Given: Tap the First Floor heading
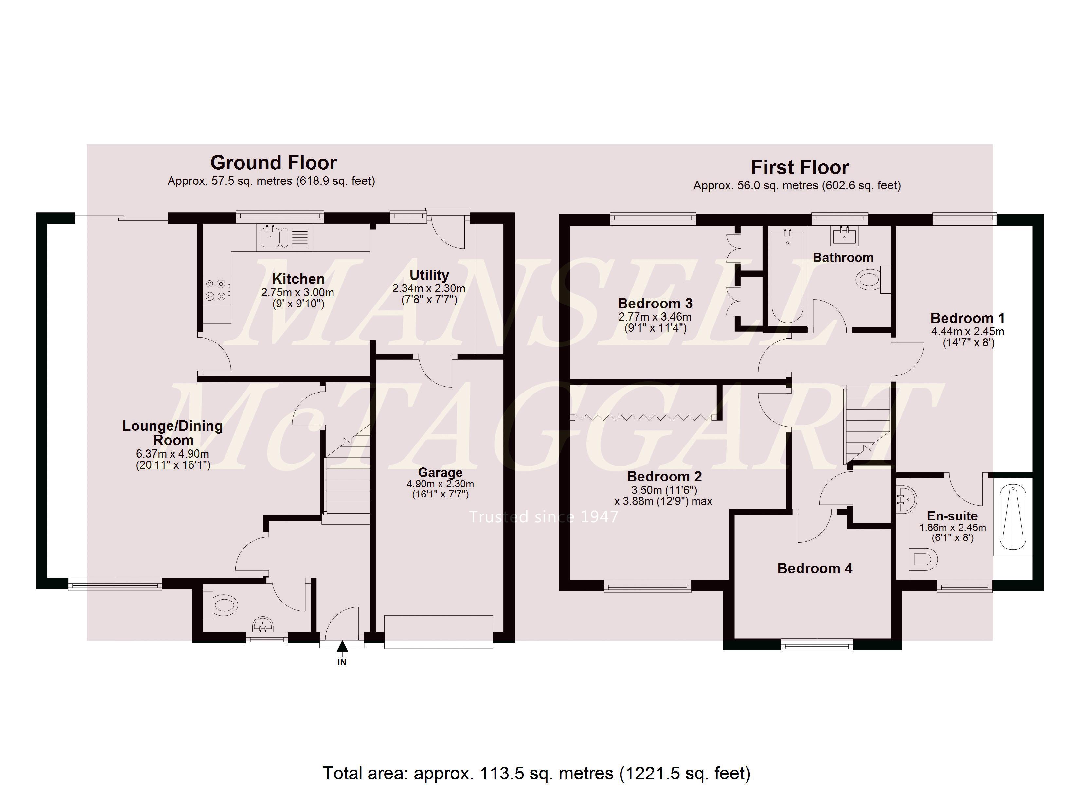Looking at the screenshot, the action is coord(800,167).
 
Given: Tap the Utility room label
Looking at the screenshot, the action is coord(429,275).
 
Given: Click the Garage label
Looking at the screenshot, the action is coord(440,472).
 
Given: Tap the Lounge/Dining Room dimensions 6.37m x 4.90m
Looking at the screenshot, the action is coord(172,454).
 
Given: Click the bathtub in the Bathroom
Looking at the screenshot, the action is coord(788,276).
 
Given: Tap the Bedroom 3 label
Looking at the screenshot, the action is coord(655,303).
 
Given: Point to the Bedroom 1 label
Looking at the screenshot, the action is coord(968,318).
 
